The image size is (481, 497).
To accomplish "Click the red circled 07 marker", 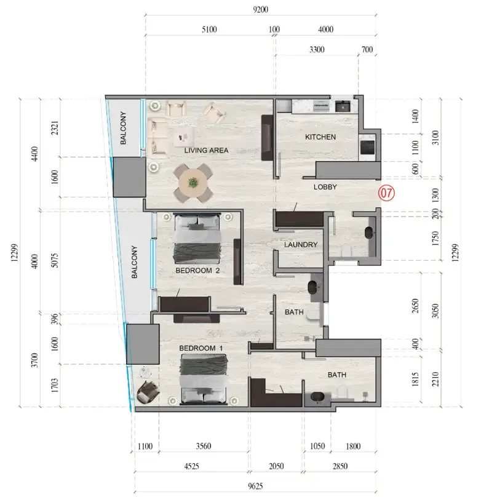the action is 386,193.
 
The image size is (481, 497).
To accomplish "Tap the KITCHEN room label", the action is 320,137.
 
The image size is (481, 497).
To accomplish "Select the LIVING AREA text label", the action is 206,150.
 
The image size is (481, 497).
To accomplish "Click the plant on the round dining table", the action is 193,183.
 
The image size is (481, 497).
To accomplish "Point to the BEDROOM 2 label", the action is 197,271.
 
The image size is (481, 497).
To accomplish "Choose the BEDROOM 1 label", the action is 201,348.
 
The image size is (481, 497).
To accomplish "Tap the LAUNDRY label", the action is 301,245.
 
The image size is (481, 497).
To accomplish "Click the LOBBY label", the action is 325,187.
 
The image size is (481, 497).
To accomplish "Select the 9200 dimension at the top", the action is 260,9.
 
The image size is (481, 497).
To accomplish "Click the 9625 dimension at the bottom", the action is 255,486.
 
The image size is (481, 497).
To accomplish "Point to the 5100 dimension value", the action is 210,30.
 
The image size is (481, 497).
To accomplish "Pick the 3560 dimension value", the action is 204,446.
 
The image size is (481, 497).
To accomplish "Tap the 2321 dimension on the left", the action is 55,128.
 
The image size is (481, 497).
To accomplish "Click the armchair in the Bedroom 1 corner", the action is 148,392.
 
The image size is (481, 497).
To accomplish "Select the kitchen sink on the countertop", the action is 343,106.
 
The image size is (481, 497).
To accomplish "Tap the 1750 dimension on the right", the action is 435,239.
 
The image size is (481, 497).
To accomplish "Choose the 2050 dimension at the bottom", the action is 276,466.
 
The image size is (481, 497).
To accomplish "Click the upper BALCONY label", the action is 123,128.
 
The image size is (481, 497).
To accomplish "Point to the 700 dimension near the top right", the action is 367,49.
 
